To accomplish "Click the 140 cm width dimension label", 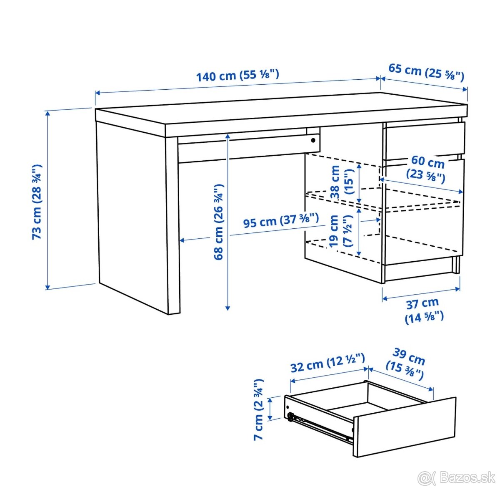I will click(x=237, y=76).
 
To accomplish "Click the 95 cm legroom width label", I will click(x=281, y=221).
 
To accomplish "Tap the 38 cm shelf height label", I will click(x=341, y=182).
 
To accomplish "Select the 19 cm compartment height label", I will click(x=340, y=231).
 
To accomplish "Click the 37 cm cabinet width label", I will click(x=424, y=310).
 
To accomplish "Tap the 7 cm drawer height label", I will click(x=259, y=409).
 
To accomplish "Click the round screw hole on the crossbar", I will click(x=313, y=140).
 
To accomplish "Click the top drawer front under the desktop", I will click(x=424, y=139).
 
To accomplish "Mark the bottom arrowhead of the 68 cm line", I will click(x=227, y=308).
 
